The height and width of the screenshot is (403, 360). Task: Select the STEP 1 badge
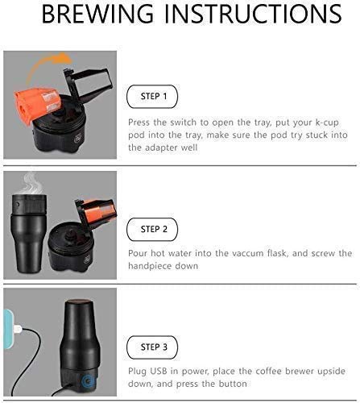pos(154,97)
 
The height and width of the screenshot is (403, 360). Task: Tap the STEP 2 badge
pos(154,229)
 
